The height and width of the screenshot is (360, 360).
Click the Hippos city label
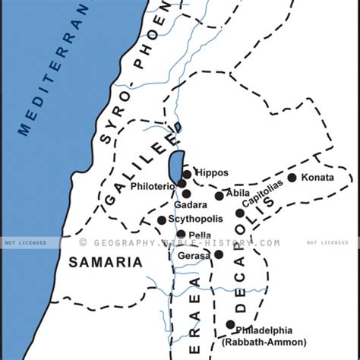click(211, 172)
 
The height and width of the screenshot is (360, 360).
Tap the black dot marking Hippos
click(187, 175)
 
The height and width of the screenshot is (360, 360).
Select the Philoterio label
click(155, 185)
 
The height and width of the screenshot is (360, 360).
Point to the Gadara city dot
click(186, 194)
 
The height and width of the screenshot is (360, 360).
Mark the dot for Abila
click(219, 196)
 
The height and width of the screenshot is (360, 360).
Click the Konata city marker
click(292, 178)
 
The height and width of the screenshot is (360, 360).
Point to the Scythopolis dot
click(162, 220)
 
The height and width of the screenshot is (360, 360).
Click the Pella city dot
click(181, 234)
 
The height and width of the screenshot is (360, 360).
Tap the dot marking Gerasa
click(219, 254)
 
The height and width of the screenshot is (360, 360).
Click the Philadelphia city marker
click(230, 324)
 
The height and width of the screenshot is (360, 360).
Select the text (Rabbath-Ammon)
click(264, 343)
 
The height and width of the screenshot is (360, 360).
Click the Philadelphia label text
click(266, 331)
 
